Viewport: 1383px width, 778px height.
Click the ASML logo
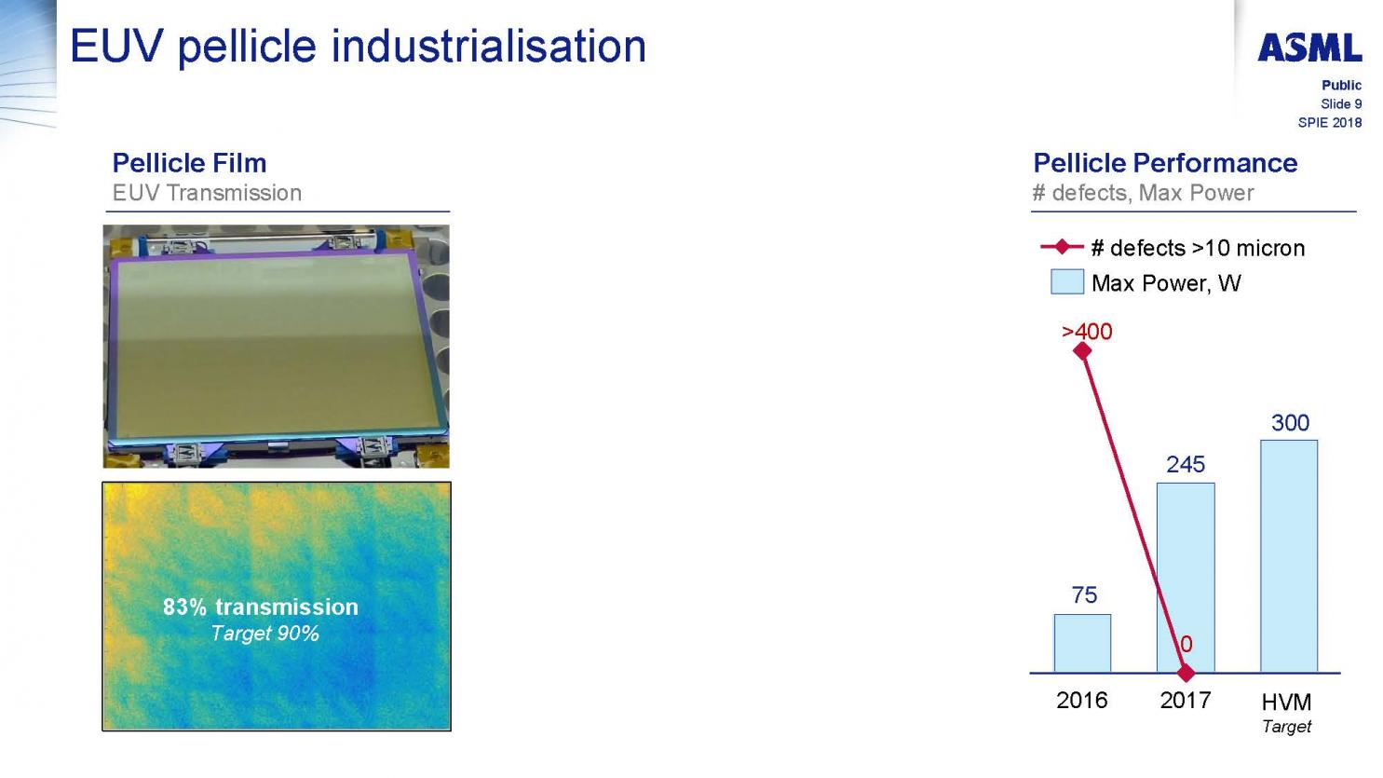[x=1308, y=48]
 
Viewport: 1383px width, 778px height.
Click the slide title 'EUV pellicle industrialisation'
[x=359, y=47]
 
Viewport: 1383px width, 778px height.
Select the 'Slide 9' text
[x=1341, y=103]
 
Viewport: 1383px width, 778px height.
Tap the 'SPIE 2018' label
[x=1329, y=122]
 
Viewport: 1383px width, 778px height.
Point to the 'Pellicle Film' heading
[x=189, y=163]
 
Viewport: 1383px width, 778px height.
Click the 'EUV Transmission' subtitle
[x=207, y=193]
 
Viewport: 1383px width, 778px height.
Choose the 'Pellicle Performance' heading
[x=1165, y=163]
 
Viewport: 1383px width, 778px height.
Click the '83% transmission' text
[x=261, y=607]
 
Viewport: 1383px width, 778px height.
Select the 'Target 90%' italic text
[x=265, y=633]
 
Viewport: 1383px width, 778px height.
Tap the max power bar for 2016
[x=1082, y=643]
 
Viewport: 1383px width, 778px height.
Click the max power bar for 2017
[x=1186, y=578]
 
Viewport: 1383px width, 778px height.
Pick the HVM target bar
[x=1289, y=555]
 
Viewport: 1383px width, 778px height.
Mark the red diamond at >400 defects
[x=1082, y=351]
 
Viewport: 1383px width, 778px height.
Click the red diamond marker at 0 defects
[x=1186, y=673]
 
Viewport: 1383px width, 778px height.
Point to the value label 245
[x=1186, y=464]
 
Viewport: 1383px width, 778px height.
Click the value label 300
[x=1290, y=423]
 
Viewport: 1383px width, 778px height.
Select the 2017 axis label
[x=1186, y=701]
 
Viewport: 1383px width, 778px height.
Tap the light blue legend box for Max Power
[x=1067, y=281]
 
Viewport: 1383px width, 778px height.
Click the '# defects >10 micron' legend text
[x=1198, y=248]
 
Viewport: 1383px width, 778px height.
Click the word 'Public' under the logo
[x=1342, y=85]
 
